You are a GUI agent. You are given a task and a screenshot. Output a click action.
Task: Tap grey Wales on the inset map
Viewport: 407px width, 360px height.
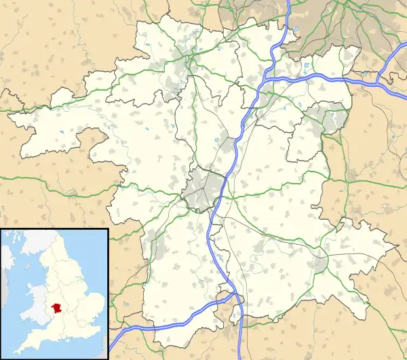34,308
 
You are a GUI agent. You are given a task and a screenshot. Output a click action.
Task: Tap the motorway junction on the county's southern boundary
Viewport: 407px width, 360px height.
234,296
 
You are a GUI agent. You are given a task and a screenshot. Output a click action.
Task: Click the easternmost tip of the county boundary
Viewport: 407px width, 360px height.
397,245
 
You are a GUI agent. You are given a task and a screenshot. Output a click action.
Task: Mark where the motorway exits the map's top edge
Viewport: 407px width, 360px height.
288,3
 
